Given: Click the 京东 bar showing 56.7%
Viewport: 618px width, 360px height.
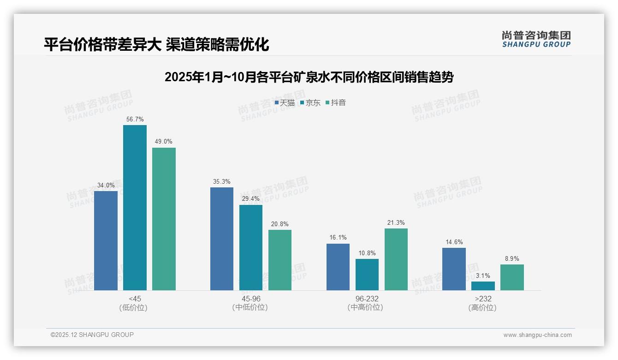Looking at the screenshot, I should click(135, 208).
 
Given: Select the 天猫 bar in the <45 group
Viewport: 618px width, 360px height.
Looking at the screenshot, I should click(106, 240).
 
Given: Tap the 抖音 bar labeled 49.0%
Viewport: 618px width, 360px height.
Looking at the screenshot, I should click(164, 219).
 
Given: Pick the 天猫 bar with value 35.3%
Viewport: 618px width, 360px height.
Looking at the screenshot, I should click(222, 239).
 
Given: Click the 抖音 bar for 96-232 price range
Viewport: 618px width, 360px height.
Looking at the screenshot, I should click(396, 259).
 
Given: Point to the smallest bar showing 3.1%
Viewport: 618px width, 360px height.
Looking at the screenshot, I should click(483, 286).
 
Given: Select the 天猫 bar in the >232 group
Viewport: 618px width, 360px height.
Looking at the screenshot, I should click(454, 269).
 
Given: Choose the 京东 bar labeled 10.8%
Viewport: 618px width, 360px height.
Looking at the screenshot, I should click(367, 275).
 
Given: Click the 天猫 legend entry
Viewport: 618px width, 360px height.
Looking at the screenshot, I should click(285, 103).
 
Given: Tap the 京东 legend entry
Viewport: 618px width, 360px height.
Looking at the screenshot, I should click(310, 103).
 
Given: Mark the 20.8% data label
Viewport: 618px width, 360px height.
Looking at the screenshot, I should click(279, 224).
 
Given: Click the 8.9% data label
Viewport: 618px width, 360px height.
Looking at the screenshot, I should click(512, 259).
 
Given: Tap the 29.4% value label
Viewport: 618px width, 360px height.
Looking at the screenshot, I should click(250, 199).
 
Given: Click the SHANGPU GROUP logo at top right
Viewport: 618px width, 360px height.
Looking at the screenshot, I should click(536, 39).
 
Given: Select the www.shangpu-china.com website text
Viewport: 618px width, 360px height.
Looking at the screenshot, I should click(537, 335).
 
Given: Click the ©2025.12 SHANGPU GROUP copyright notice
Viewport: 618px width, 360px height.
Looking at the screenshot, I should click(92, 335).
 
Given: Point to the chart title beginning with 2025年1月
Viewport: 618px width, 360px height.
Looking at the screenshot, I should click(309, 77).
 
